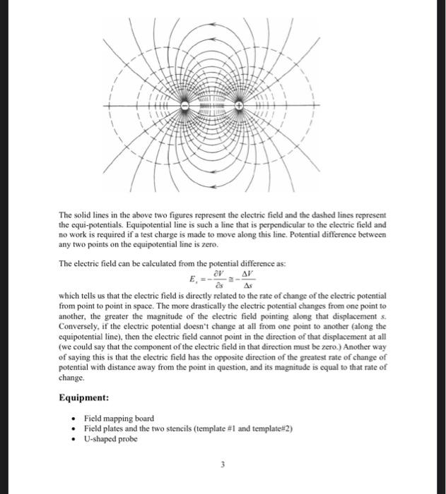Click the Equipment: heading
coord(83,397)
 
